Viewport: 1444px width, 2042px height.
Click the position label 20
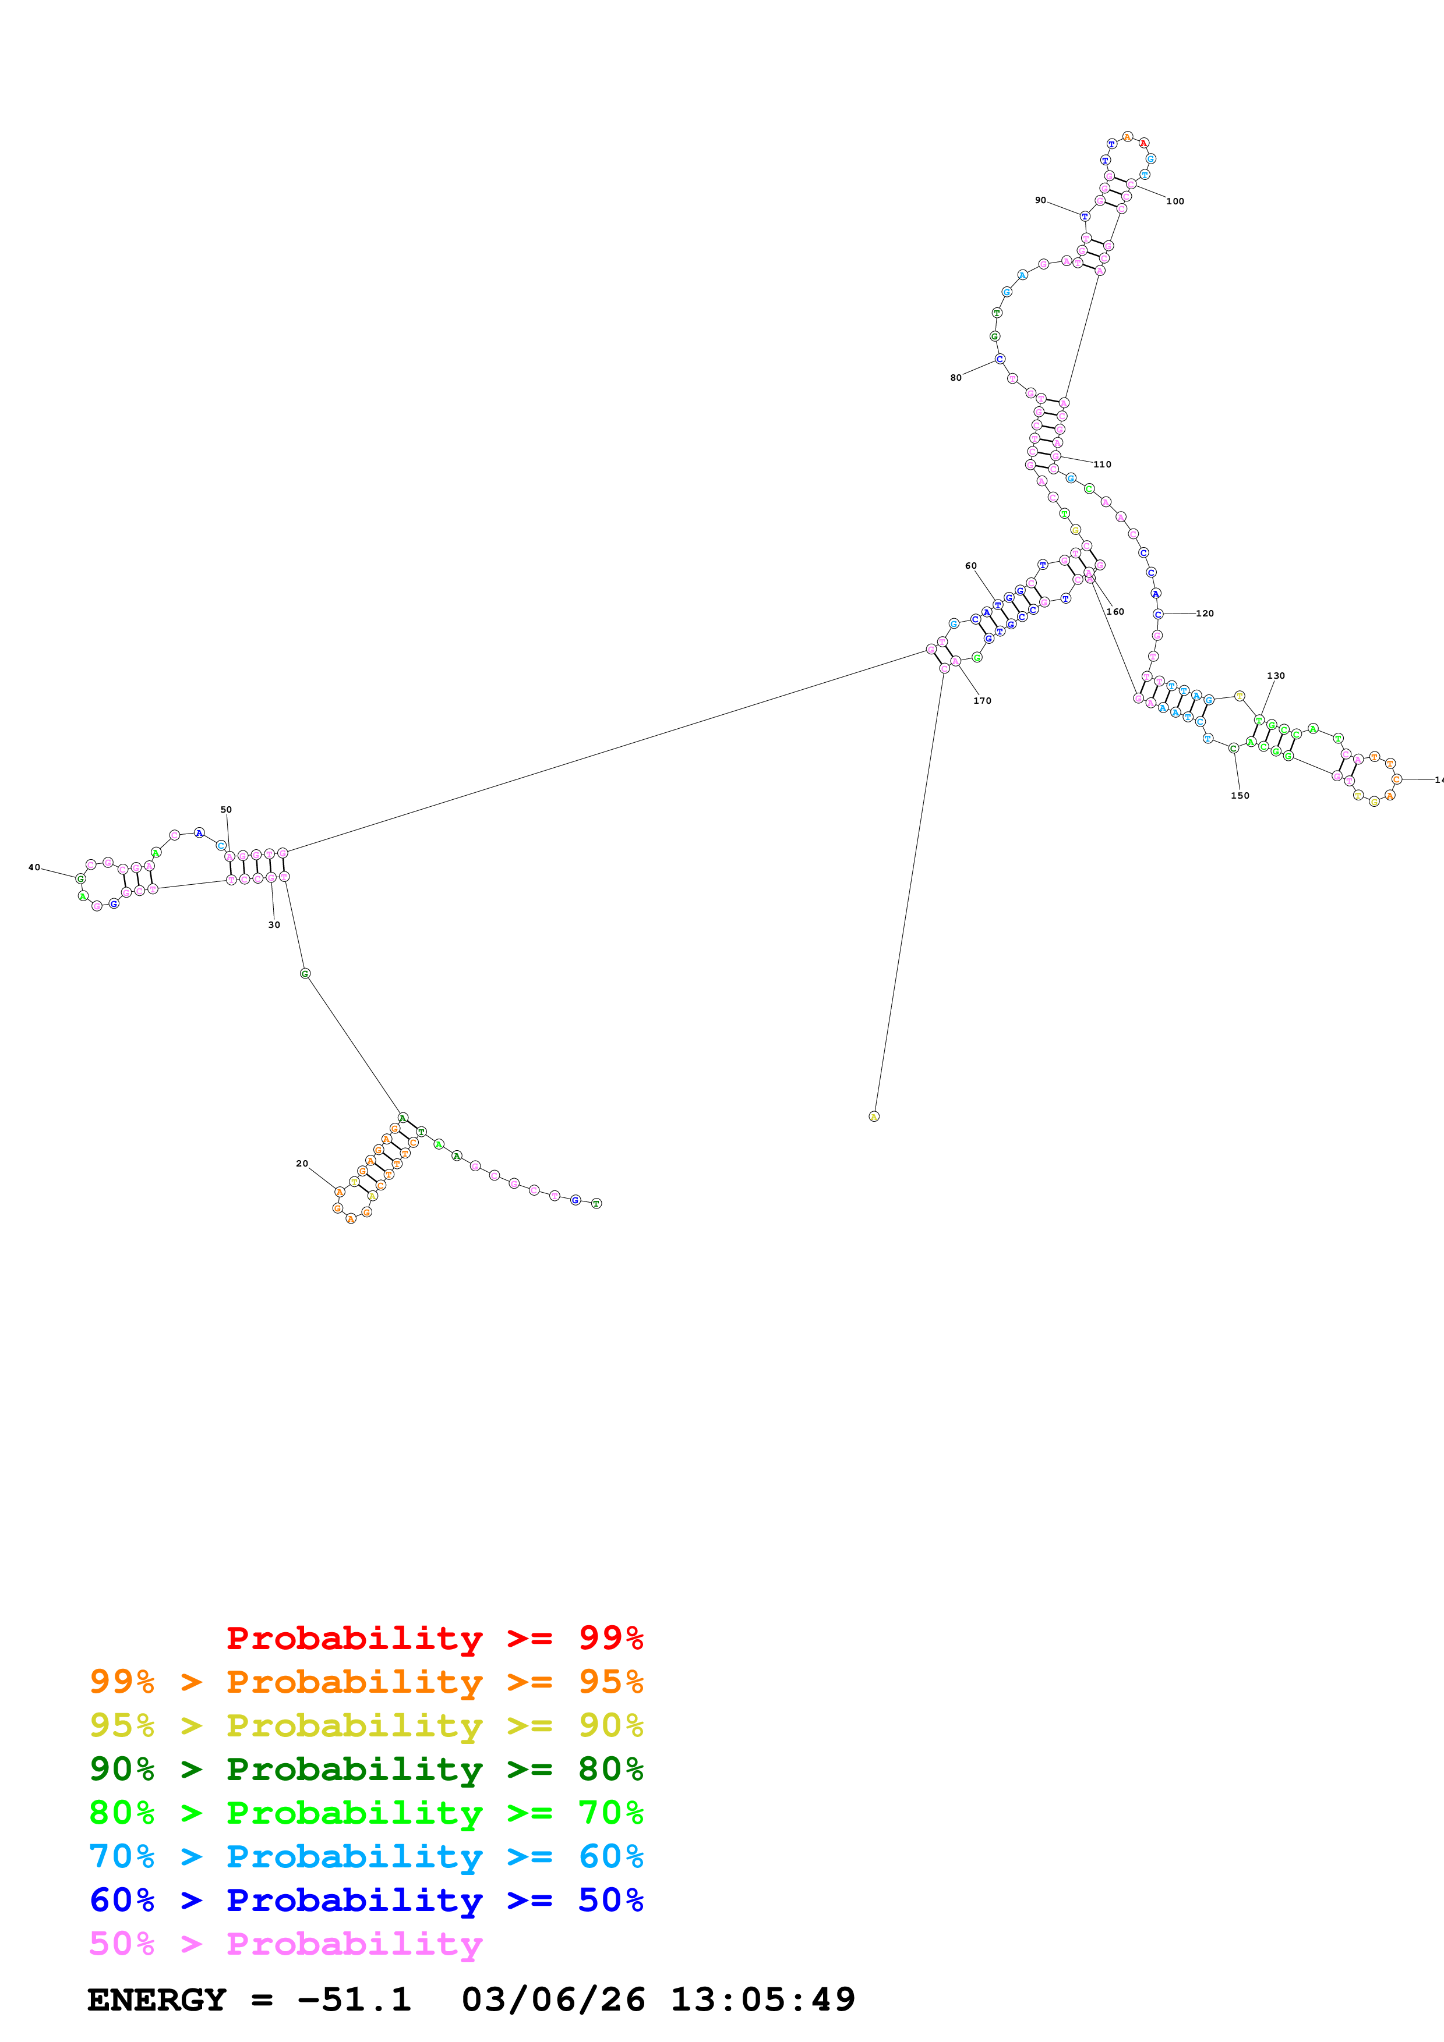coord(302,1163)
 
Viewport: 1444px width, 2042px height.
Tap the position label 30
coord(274,925)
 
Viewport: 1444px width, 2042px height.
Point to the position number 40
coord(34,867)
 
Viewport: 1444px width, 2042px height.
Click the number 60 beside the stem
coord(970,566)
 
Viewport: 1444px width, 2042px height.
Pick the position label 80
coord(955,378)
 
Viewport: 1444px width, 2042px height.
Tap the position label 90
coord(1040,200)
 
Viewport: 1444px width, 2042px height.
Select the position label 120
coord(1205,614)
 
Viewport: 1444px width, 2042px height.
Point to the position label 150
coord(1240,795)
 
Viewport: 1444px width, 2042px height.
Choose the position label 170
coord(982,701)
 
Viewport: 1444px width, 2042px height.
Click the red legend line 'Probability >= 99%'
coord(434,1638)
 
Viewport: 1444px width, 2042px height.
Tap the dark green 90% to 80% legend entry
coord(366,1769)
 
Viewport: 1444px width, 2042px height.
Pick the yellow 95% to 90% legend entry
coord(366,1725)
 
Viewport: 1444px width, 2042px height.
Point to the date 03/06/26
coord(553,2000)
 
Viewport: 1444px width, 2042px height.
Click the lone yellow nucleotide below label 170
coord(874,1116)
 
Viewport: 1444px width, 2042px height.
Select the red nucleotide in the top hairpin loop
coord(1143,142)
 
